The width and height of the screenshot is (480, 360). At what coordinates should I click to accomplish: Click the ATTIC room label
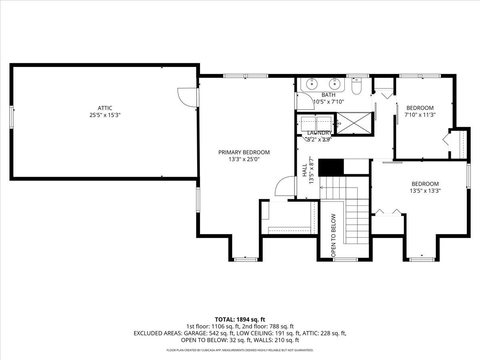(105, 108)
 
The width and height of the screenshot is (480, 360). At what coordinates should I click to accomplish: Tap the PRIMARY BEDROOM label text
(244, 152)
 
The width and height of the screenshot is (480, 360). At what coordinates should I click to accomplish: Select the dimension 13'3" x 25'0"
(244, 159)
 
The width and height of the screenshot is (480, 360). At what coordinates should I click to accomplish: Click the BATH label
(328, 95)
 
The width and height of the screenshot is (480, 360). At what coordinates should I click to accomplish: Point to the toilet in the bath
(356, 86)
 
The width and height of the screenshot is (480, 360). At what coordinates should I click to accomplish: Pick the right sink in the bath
(334, 84)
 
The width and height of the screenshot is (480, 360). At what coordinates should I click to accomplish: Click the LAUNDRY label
(319, 133)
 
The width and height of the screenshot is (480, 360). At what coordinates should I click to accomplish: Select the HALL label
(304, 170)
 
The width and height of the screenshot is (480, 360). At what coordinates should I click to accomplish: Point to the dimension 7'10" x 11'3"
(420, 114)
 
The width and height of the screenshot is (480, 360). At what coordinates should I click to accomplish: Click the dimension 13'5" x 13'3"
(425, 191)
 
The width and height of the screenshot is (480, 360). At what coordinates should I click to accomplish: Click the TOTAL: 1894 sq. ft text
(240, 319)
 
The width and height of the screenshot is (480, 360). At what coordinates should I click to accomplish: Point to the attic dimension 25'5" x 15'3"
(105, 115)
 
